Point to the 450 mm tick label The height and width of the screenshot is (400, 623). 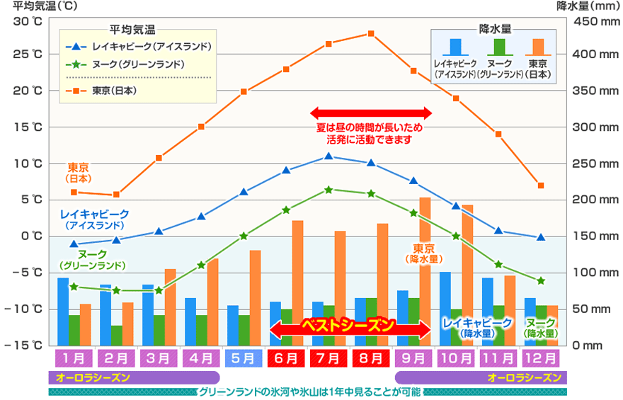[598, 21]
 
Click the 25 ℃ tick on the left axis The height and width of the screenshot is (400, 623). [28, 55]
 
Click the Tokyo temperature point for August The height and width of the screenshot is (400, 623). [371, 33]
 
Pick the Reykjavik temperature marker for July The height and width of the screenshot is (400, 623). [328, 156]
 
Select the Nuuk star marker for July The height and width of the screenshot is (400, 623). [328, 190]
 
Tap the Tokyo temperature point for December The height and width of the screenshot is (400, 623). [541, 185]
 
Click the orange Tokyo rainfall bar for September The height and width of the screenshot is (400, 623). [425, 271]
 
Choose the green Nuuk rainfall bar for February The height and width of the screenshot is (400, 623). [116, 335]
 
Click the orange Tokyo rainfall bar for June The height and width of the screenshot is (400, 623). [298, 282]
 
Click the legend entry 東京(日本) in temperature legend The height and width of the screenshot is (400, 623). [113, 91]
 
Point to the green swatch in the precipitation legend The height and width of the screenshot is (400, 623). [499, 47]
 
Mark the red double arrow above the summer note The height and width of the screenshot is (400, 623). [370, 113]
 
